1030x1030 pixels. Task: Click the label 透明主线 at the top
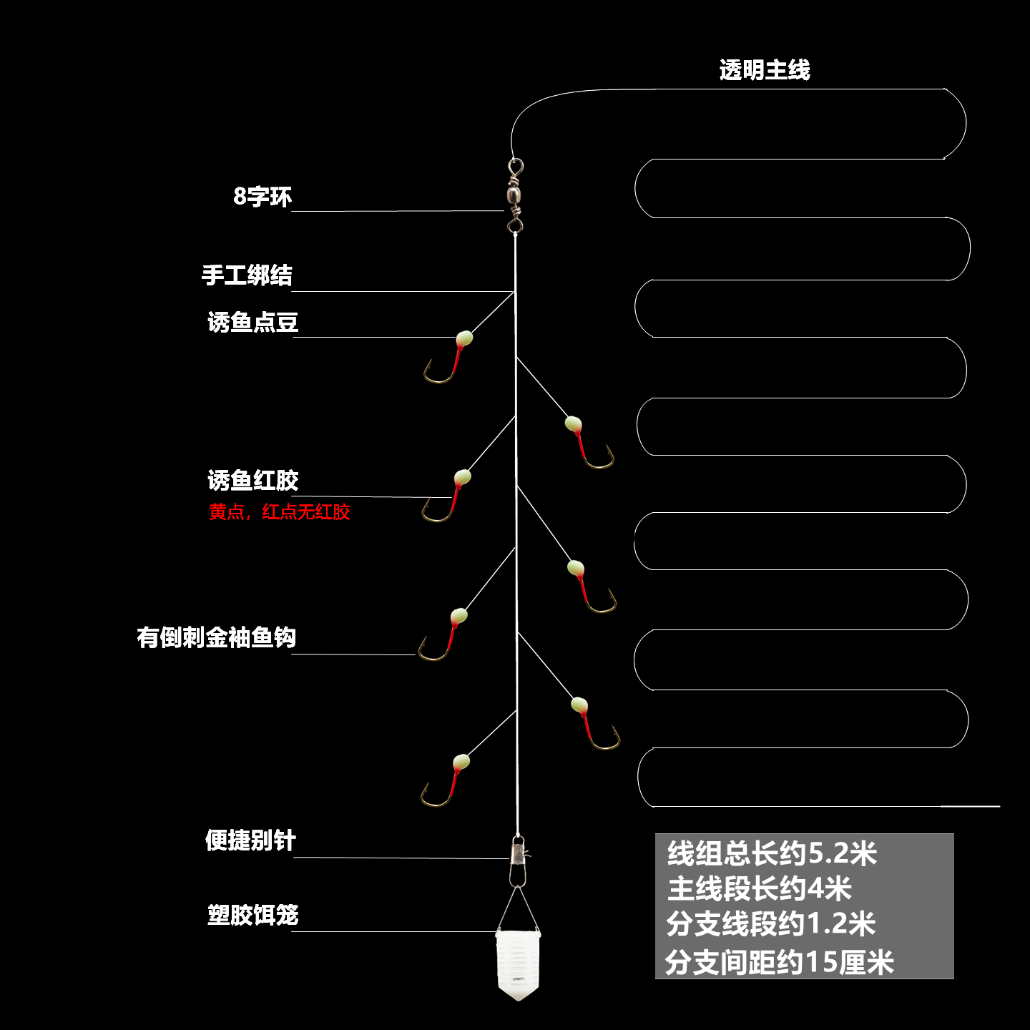pos(764,70)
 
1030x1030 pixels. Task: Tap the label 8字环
pos(263,196)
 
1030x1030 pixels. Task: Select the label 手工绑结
pos(247,275)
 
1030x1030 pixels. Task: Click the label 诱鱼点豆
pos(252,323)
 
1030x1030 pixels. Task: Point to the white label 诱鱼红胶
pos(252,481)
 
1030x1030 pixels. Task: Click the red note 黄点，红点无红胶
pos(279,512)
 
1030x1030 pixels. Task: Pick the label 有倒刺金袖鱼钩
pos(216,637)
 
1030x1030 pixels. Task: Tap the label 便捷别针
pos(250,840)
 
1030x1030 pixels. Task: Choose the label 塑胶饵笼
pos(252,915)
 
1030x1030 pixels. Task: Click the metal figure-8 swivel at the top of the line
pos(514,195)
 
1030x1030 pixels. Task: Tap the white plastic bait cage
pos(518,962)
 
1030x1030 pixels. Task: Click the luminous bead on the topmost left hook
pos(464,338)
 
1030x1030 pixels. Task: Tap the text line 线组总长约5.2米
pos(771,854)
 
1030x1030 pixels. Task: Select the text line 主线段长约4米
pos(759,889)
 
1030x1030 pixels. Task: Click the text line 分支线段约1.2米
pos(770,924)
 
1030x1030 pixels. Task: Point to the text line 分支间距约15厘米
pos(779,962)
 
